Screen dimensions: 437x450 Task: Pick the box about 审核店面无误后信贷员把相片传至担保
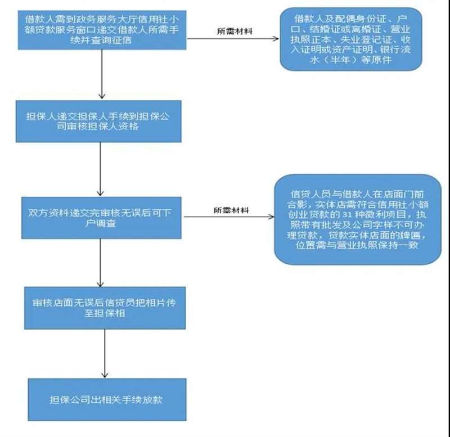tap(105, 308)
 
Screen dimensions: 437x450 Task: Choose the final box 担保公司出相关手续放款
tap(107, 400)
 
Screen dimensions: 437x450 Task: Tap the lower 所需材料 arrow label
tap(231, 210)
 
